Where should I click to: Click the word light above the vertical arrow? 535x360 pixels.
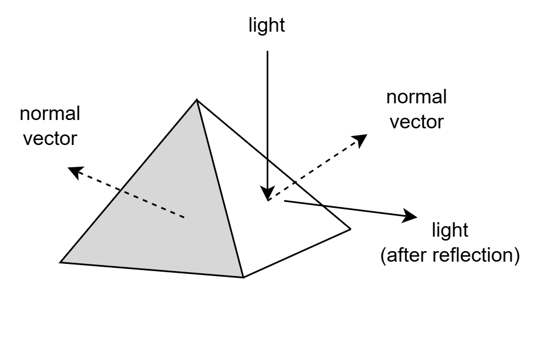[x=267, y=26]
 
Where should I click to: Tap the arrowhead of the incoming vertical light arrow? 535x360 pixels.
[x=267, y=194]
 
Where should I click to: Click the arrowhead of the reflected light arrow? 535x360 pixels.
[x=412, y=216]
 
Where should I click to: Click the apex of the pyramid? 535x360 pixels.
[x=197, y=100]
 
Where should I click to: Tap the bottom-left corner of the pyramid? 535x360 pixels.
[x=61, y=262]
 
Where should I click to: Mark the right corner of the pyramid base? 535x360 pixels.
[x=350, y=228]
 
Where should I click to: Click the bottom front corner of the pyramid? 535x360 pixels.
[x=243, y=277]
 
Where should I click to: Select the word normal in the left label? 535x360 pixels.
[x=50, y=114]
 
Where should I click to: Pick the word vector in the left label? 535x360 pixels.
[x=50, y=138]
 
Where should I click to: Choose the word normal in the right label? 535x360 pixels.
[x=417, y=97]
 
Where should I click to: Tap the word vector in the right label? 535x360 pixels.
[x=417, y=121]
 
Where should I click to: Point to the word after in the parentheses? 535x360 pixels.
[x=405, y=255]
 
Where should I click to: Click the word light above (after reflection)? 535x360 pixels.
[x=450, y=229]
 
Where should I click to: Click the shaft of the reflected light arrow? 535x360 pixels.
[x=344, y=208]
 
